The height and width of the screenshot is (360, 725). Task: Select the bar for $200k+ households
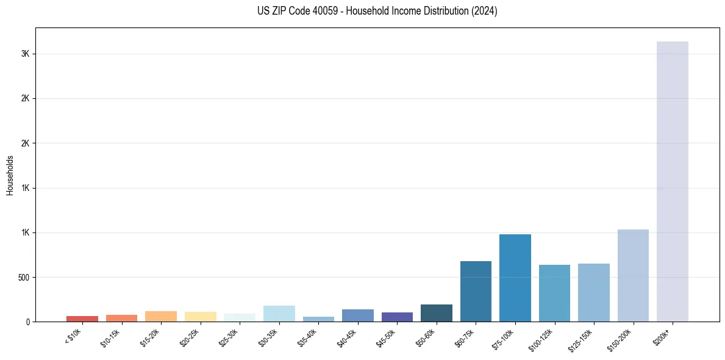tap(672, 181)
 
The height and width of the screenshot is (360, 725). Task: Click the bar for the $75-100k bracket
tap(515, 278)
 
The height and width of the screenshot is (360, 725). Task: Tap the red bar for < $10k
tap(82, 319)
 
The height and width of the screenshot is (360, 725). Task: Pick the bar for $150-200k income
tap(633, 275)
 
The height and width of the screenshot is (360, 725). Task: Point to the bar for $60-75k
tap(476, 291)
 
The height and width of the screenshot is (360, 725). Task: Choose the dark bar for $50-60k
tap(437, 313)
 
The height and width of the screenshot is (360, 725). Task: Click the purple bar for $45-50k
tap(397, 317)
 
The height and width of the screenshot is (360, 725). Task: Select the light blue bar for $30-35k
tap(279, 314)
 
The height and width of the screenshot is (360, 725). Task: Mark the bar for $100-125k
tap(554, 293)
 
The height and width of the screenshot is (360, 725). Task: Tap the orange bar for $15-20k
tap(161, 316)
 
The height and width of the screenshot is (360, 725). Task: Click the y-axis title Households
tap(10, 175)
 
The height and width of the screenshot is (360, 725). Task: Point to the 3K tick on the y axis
tap(25, 54)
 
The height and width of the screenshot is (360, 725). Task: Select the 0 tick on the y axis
tap(27, 322)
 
